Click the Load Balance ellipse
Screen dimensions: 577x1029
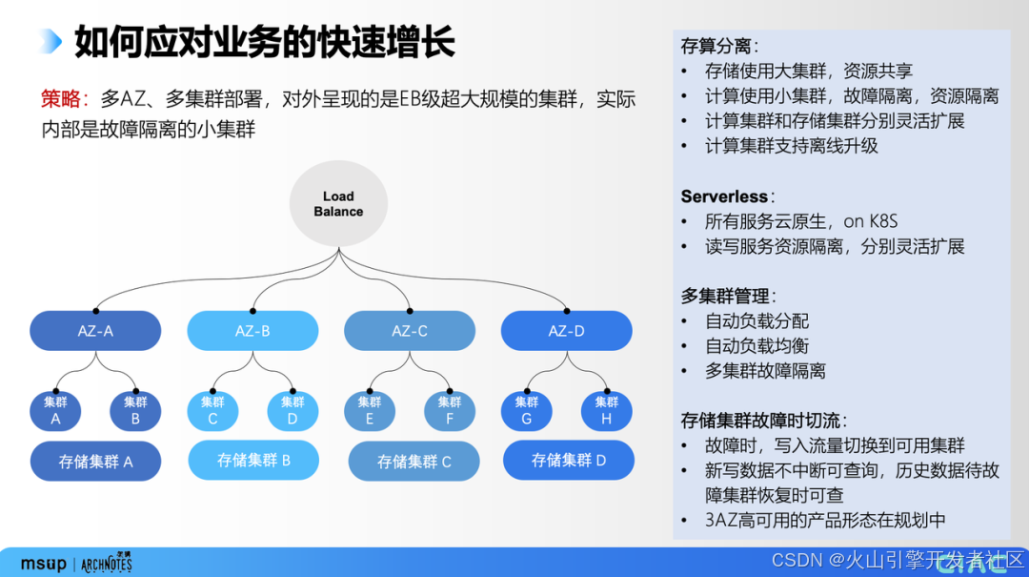[x=338, y=204]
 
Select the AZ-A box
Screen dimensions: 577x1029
[x=95, y=331]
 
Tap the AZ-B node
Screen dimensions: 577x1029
[x=252, y=331]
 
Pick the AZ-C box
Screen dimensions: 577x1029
[x=409, y=331]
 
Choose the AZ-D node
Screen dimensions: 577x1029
[x=566, y=331]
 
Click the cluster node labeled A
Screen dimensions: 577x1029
[x=55, y=411]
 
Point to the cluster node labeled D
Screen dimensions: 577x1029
[x=293, y=411]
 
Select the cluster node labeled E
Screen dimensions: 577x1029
[x=370, y=411]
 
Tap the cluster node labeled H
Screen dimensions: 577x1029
[x=607, y=411]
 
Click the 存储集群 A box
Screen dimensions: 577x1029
[x=95, y=462]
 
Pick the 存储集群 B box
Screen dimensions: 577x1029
[x=253, y=460]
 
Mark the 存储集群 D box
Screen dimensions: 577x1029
[x=569, y=460]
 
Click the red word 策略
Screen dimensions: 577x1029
[x=64, y=99]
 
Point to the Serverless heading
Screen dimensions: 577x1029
[x=724, y=196]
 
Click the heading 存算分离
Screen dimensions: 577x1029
[x=716, y=46]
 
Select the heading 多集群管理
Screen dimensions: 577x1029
[x=724, y=297]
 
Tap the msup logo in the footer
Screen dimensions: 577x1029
[x=43, y=564]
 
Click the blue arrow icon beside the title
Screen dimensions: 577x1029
[x=51, y=41]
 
